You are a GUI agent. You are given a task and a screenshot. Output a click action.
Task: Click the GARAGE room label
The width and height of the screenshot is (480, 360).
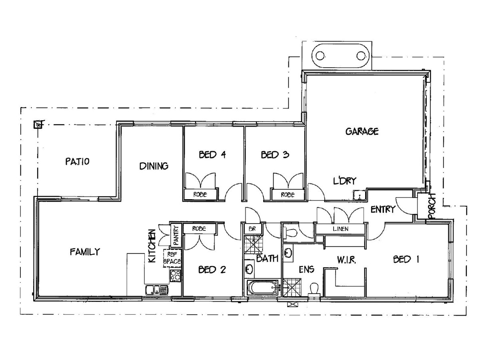click(362, 131)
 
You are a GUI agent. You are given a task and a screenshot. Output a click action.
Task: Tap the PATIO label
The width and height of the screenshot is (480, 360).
click(78, 162)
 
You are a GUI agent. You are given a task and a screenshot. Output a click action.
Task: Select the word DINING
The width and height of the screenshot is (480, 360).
click(154, 166)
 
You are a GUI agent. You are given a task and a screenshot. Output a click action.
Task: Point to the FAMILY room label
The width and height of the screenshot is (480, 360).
click(85, 252)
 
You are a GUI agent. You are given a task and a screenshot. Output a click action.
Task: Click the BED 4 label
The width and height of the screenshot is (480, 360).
click(212, 155)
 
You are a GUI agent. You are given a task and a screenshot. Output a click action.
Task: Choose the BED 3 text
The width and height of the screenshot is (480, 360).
click(275, 155)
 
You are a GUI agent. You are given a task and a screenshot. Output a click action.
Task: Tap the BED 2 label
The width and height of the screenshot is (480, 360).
click(212, 270)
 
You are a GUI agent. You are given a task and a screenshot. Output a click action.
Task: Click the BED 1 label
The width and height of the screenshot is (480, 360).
click(406, 260)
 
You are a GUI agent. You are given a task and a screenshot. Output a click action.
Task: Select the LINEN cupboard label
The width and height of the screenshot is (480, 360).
click(340, 229)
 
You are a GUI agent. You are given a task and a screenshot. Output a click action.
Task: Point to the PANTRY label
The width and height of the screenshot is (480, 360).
click(176, 235)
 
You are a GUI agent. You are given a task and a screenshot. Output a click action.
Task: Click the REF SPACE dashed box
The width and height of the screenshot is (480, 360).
click(172, 258)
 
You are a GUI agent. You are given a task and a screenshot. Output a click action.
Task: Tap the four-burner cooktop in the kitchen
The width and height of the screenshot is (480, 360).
click(175, 276)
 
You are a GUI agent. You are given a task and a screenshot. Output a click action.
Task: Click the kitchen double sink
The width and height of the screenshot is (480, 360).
click(156, 290)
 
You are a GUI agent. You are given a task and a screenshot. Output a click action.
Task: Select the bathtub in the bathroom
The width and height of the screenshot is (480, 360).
click(262, 288)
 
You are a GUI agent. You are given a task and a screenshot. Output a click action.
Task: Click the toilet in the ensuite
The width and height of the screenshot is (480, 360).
click(314, 290)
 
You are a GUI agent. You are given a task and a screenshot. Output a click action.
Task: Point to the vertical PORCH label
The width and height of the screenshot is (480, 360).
click(432, 206)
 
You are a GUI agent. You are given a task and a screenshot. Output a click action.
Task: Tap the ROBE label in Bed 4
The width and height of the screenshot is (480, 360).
click(200, 194)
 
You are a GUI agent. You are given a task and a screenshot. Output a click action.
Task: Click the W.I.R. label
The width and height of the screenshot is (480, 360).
click(347, 260)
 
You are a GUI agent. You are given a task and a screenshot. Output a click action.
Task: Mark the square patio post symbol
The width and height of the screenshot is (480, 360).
click(38, 125)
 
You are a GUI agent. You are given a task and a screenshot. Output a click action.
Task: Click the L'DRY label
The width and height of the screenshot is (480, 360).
click(345, 181)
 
